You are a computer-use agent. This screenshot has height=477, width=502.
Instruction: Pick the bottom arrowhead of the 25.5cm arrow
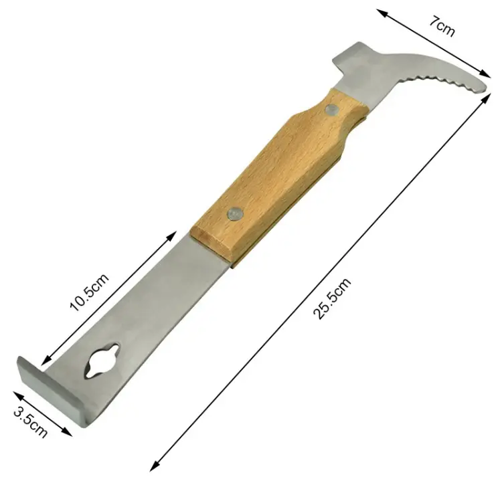153,466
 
